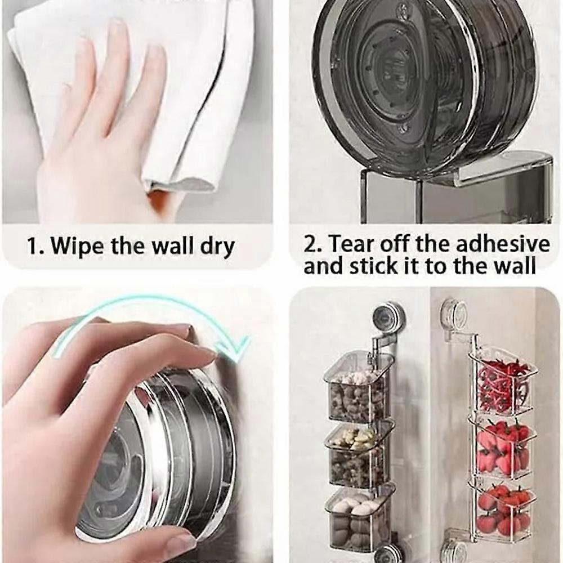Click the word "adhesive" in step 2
pyautogui.click(x=503, y=244)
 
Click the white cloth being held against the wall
pyautogui.click(x=186, y=84)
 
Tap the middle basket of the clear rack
pyautogui.click(x=502, y=448)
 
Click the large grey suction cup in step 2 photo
pyautogui.click(x=422, y=84)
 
